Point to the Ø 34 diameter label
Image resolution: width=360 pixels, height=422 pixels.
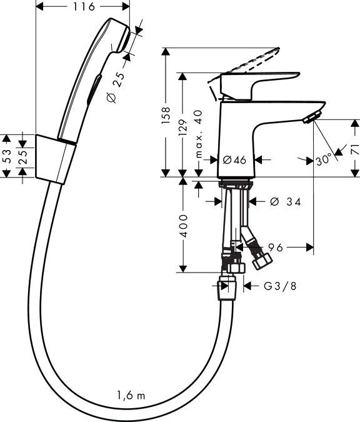pyautogui.click(x=284, y=201)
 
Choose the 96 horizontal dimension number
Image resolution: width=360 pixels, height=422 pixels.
pyautogui.click(x=276, y=248)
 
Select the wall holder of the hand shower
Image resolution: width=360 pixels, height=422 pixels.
pyautogui.click(x=54, y=159)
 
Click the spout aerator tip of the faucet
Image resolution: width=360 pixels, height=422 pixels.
pyautogui.click(x=311, y=116)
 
